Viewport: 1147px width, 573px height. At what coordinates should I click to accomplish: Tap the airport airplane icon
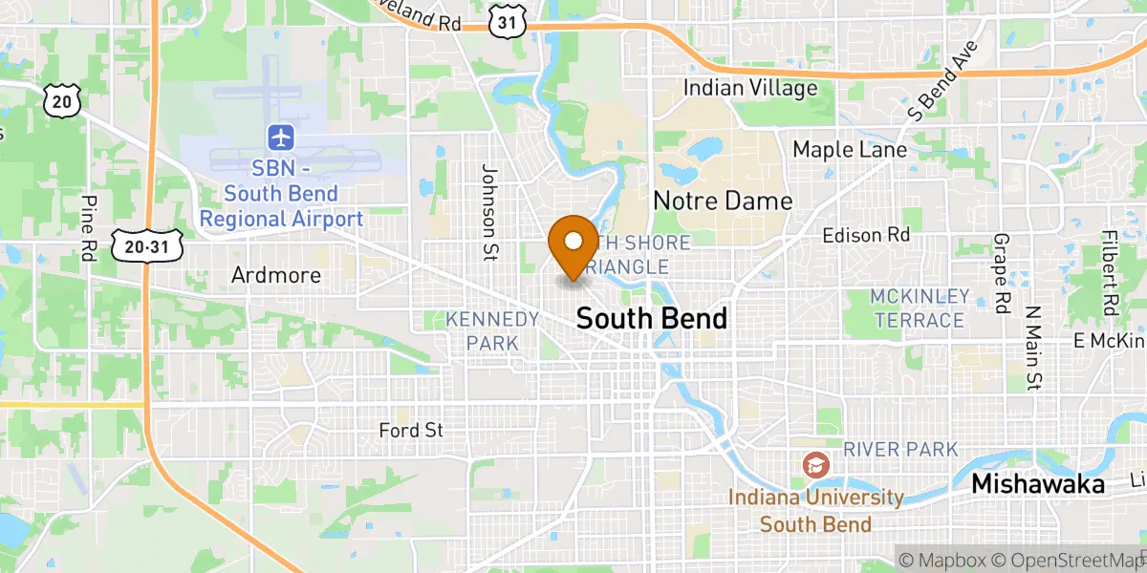point(281,137)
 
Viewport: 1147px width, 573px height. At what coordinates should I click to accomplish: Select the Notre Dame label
point(723,201)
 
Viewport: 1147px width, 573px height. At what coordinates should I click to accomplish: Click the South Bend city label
point(652,319)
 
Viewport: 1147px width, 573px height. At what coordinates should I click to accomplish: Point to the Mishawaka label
point(1038,484)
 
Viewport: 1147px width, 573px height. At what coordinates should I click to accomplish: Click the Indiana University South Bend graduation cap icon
point(815,465)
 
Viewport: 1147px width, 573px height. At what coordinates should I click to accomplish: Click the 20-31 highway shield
point(146,247)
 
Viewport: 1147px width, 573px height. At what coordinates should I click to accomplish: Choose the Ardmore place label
point(276,275)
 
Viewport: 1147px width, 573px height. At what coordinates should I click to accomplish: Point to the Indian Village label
point(750,89)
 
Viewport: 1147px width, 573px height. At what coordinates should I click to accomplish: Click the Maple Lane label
point(850,150)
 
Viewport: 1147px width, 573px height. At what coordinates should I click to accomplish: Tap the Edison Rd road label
point(867,234)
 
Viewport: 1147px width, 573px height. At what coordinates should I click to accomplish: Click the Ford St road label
point(411,431)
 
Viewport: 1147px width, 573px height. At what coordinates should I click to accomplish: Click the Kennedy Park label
point(493,330)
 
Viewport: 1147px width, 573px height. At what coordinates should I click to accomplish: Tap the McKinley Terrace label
point(920,308)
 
